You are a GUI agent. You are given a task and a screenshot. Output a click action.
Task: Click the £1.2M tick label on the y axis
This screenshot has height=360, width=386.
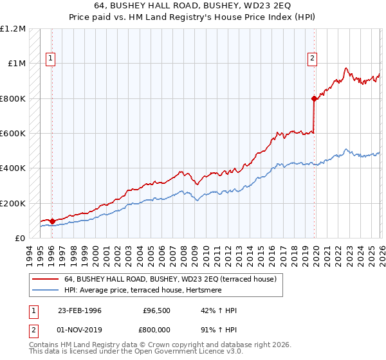(x=13, y=29)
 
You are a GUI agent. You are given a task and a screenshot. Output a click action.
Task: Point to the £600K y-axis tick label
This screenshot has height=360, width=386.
(x=13, y=134)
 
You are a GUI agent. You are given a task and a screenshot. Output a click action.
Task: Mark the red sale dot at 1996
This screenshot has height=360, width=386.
(x=52, y=221)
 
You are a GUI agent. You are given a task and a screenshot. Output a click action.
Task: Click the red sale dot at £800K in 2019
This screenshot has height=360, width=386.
(x=314, y=99)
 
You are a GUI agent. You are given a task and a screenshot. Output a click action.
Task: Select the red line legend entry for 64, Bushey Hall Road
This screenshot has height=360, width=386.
(x=170, y=279)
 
